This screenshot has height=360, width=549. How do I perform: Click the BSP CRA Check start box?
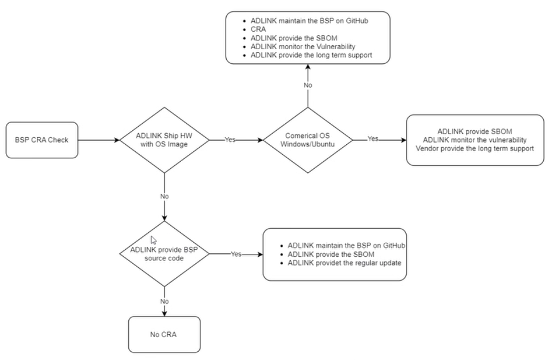[x=42, y=140]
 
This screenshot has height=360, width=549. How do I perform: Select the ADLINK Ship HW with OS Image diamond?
[x=165, y=140]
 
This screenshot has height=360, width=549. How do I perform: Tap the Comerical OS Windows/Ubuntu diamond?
[x=308, y=140]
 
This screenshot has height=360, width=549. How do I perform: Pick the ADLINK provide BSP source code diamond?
[x=165, y=254]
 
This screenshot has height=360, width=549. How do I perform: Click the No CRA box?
[x=165, y=334]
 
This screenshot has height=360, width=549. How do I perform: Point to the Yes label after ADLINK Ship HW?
[x=230, y=140]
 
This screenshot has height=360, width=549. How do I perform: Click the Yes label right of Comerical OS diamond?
[x=373, y=139]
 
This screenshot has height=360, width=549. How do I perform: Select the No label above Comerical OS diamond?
[x=308, y=85]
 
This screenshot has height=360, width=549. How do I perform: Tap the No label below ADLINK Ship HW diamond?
[x=165, y=196]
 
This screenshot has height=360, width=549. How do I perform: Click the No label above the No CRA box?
[x=165, y=301]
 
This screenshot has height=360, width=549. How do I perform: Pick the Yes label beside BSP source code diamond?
[x=236, y=254]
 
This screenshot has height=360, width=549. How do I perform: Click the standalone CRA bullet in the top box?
[x=258, y=29]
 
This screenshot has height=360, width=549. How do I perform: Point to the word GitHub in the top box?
[x=357, y=21]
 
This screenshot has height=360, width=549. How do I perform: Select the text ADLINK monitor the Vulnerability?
[x=303, y=47]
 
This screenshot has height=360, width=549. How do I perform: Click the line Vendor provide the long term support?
[x=475, y=148]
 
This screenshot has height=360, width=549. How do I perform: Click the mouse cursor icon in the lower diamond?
[x=154, y=240]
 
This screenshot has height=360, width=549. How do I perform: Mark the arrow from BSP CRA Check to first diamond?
[x=99, y=140]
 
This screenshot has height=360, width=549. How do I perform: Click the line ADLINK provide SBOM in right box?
[x=475, y=131]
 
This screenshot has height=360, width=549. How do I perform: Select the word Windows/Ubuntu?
[x=308, y=144]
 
